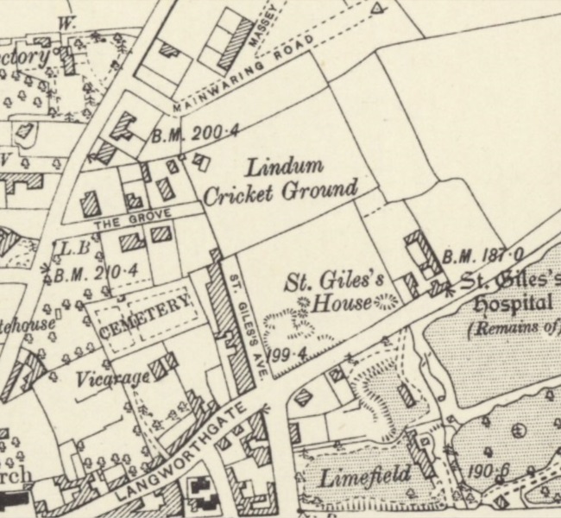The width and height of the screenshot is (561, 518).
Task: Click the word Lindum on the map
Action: point(284,166)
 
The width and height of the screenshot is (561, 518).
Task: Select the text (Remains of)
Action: point(512,329)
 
